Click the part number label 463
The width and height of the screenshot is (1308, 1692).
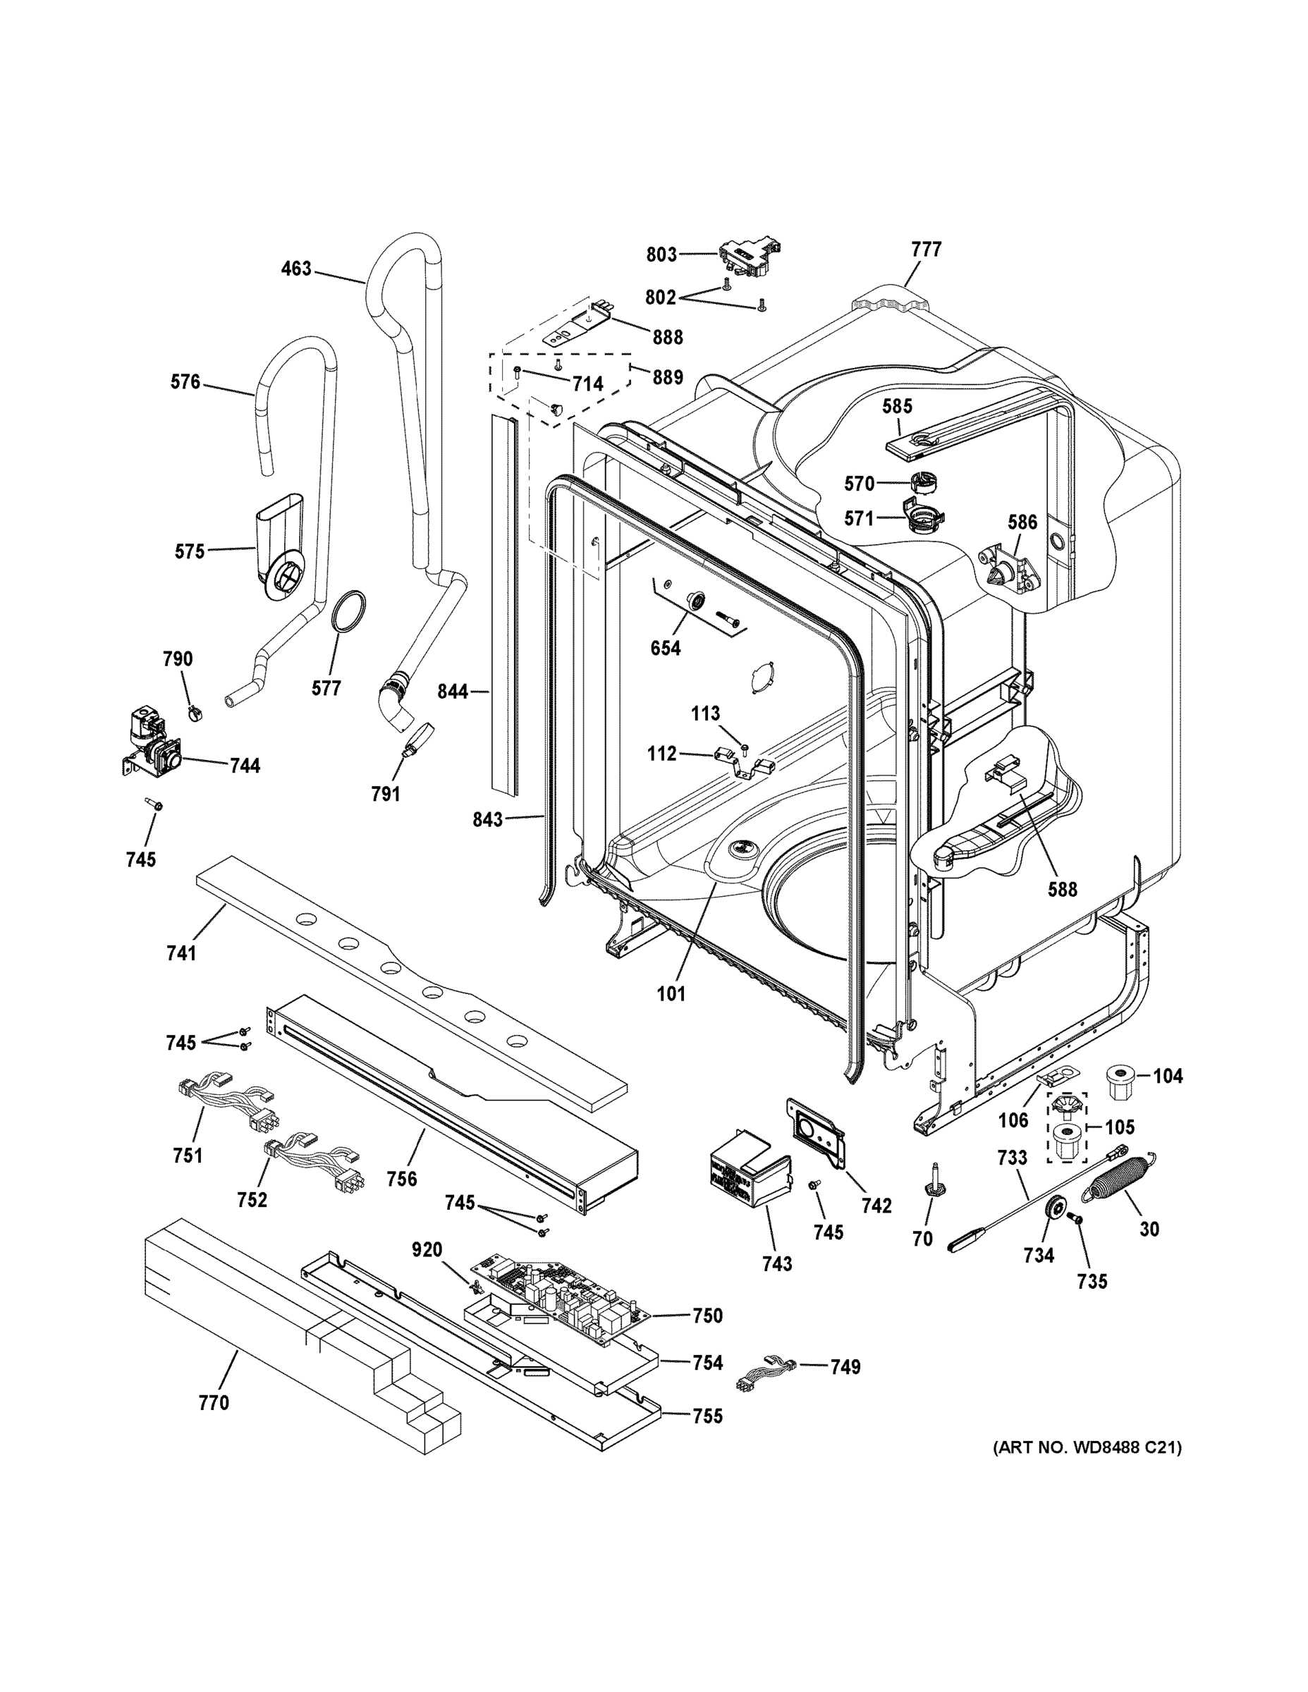pos(296,269)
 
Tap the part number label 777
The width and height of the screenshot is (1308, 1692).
pos(926,250)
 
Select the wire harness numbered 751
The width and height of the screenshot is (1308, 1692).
pos(228,1102)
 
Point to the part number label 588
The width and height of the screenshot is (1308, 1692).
pos(1063,890)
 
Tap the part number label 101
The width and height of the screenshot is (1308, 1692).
pos(671,993)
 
